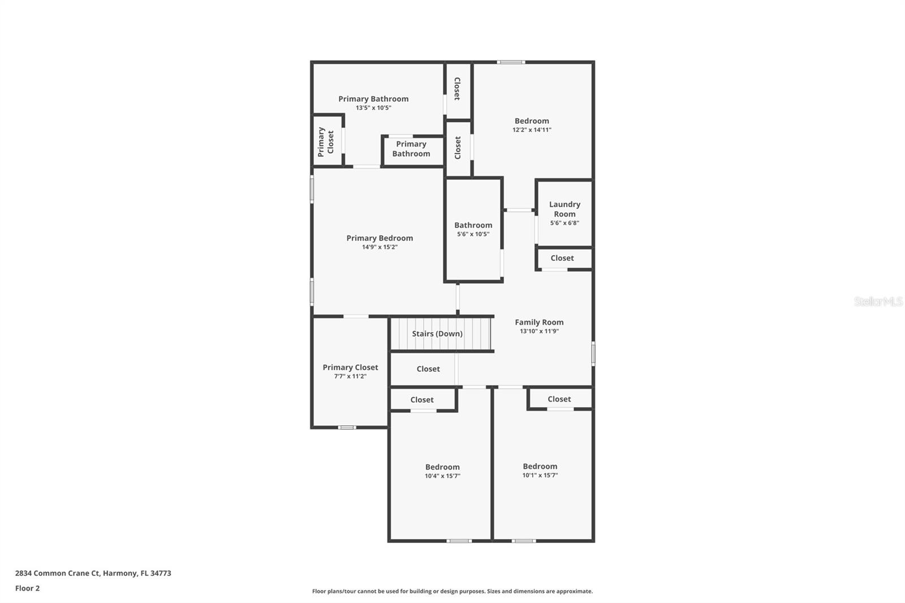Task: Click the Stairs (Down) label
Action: [437, 334]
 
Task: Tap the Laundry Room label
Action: [564, 209]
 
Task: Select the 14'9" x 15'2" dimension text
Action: [380, 247]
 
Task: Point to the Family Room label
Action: [539, 322]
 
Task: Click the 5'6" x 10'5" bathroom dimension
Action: [473, 234]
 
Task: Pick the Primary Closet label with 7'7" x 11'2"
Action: [350, 367]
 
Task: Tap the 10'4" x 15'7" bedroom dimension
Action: [442, 476]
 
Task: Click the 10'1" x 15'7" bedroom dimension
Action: [540, 476]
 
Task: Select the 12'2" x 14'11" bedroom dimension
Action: [532, 130]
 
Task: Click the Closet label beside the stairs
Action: [428, 369]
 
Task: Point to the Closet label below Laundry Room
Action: [562, 258]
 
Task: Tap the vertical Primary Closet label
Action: [325, 141]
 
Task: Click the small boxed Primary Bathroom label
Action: [411, 149]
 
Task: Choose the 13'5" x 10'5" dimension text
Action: [373, 108]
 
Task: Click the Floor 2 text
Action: [27, 588]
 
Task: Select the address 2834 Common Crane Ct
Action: [93, 573]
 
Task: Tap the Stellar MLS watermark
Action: [878, 301]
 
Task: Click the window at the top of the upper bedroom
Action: [511, 62]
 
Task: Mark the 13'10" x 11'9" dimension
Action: [539, 331]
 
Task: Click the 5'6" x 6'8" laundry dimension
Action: [564, 223]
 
